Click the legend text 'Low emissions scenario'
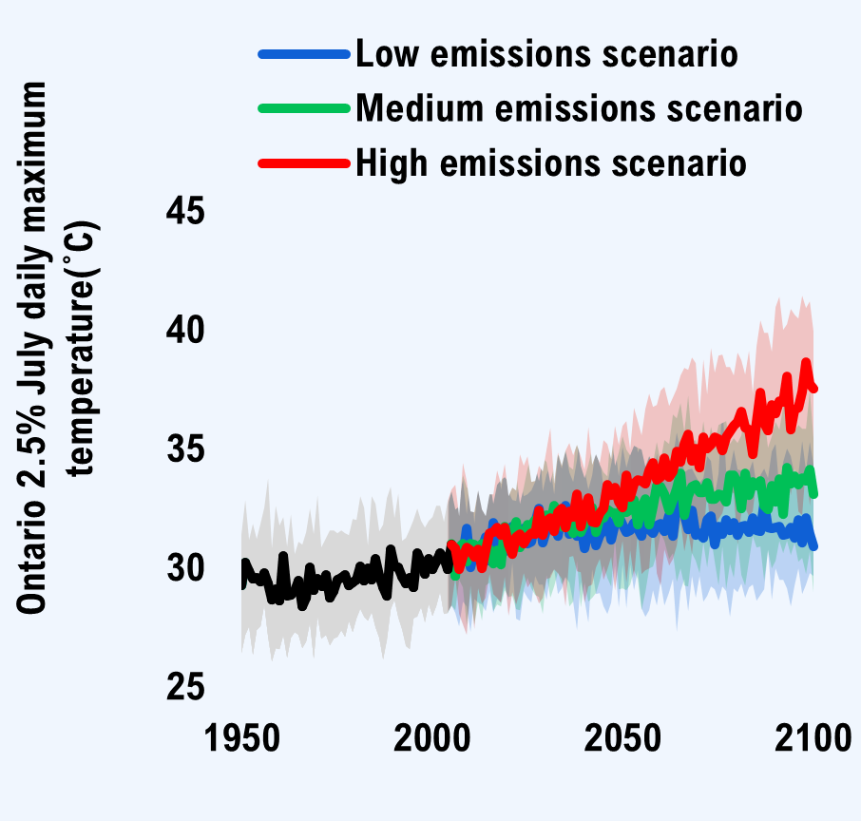click(546, 54)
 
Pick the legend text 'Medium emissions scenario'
click(579, 108)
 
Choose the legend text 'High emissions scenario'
click(550, 162)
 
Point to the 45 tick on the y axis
click(185, 211)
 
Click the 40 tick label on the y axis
click(185, 331)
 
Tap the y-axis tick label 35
click(185, 449)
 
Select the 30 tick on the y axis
click(185, 568)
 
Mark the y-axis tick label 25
click(185, 687)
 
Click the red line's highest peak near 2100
click(806, 364)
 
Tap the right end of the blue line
click(814, 545)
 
